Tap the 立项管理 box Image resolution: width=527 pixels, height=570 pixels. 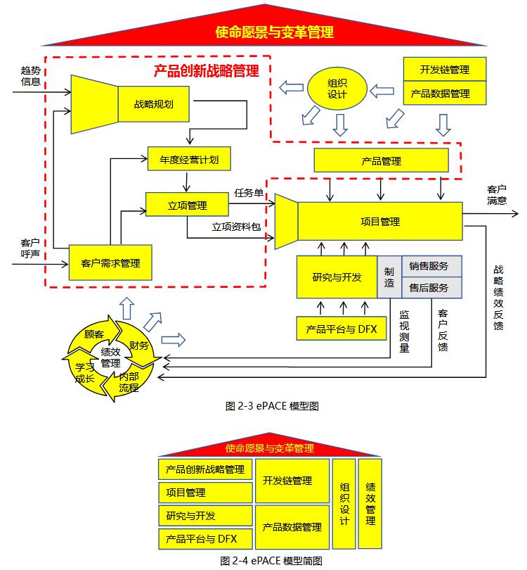point(187,205)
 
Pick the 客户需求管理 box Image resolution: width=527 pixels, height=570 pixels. point(110,263)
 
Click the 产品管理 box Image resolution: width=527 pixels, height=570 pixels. point(381,161)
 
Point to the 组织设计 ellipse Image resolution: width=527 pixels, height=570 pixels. point(337,89)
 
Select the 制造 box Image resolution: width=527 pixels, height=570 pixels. point(389,277)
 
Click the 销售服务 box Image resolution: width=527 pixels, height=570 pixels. point(429,266)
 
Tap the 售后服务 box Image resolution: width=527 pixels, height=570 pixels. point(429,288)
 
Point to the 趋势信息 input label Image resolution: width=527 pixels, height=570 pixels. point(31,76)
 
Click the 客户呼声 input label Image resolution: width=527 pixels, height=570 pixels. point(30,248)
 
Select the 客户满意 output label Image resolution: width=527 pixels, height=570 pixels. point(497,195)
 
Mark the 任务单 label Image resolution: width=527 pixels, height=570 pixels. point(249,191)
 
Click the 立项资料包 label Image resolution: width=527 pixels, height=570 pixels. point(236,227)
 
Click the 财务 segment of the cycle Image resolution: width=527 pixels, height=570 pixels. point(139,345)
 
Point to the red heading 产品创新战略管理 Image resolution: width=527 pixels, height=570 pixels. point(207,70)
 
